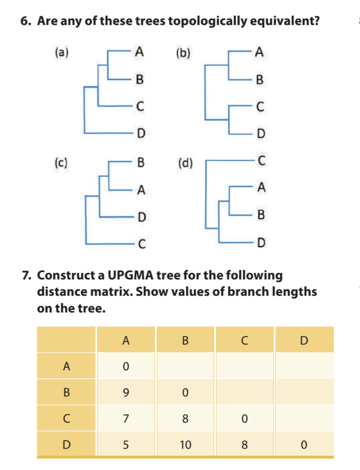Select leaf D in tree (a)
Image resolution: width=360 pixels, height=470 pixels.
pos(140,133)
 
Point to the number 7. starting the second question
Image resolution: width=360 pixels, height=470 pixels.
pos(27,275)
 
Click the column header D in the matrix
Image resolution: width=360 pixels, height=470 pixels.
pos(304,340)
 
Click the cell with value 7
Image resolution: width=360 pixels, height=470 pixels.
pos(126,418)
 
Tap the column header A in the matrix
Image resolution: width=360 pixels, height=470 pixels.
pos(126,340)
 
